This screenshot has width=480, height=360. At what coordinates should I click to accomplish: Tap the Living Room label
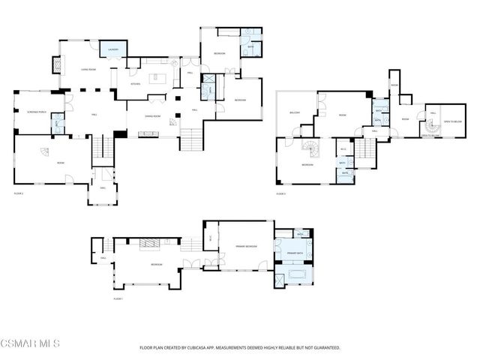coord(88,69)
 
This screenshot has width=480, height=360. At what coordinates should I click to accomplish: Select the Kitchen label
coord(136,84)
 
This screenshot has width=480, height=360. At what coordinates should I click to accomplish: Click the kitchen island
coord(160,77)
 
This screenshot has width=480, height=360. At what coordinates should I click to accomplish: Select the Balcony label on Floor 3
coord(295,113)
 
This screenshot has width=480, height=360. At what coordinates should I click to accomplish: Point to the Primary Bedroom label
coord(247,245)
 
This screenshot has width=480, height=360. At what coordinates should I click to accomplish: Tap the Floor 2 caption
coord(19,193)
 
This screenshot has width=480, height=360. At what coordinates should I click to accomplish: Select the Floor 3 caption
coord(281,193)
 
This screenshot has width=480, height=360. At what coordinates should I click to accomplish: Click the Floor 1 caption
coord(118,298)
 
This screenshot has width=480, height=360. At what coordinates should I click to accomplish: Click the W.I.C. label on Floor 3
coord(343,148)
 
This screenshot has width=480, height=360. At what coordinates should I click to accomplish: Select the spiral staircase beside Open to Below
coord(430,128)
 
